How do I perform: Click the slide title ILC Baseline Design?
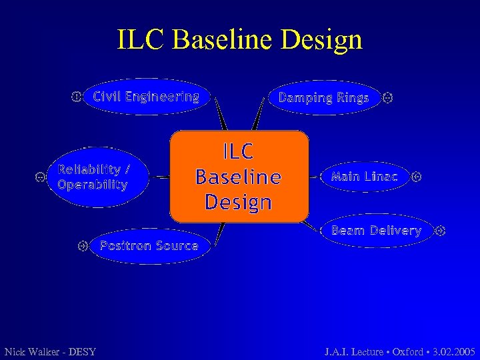[x=240, y=39]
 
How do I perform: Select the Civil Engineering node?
[x=146, y=97]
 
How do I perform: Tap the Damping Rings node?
[x=323, y=98]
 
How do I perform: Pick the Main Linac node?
[x=364, y=177]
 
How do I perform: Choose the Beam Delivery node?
[x=377, y=231]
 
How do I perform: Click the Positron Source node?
[x=149, y=245]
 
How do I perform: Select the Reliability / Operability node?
[x=93, y=177]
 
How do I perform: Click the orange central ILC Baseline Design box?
[x=239, y=177]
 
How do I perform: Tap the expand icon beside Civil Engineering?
[x=77, y=97]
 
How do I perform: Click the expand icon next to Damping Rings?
[x=388, y=98]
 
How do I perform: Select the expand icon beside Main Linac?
[x=417, y=177]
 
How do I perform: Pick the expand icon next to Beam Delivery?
[x=439, y=231]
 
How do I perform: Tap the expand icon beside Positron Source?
[x=83, y=245]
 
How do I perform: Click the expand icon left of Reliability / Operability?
[x=39, y=177]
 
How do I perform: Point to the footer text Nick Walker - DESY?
[x=50, y=351]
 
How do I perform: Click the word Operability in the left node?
[x=93, y=185]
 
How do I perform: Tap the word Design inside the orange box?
[x=239, y=201]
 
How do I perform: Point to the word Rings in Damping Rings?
[x=353, y=98]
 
